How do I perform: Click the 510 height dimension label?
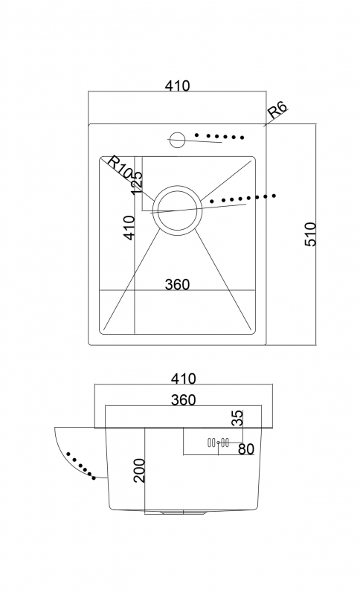[x=310, y=234]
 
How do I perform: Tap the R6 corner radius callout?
[x=277, y=109]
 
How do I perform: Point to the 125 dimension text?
[x=137, y=182]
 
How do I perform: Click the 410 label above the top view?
[x=177, y=86]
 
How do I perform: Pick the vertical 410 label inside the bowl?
[x=129, y=228]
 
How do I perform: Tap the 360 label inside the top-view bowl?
[x=177, y=284]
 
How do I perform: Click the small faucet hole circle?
[x=177, y=139]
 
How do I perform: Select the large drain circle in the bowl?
[x=178, y=210]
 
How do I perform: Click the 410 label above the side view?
[x=184, y=379]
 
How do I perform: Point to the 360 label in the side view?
[x=184, y=399]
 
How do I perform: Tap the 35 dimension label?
[x=237, y=418]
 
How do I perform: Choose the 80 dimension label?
[x=246, y=449]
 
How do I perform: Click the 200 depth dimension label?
[x=140, y=471]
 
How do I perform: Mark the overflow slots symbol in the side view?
[x=218, y=443]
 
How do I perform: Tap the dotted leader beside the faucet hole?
[x=219, y=136]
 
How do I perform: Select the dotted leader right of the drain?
[x=243, y=198]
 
